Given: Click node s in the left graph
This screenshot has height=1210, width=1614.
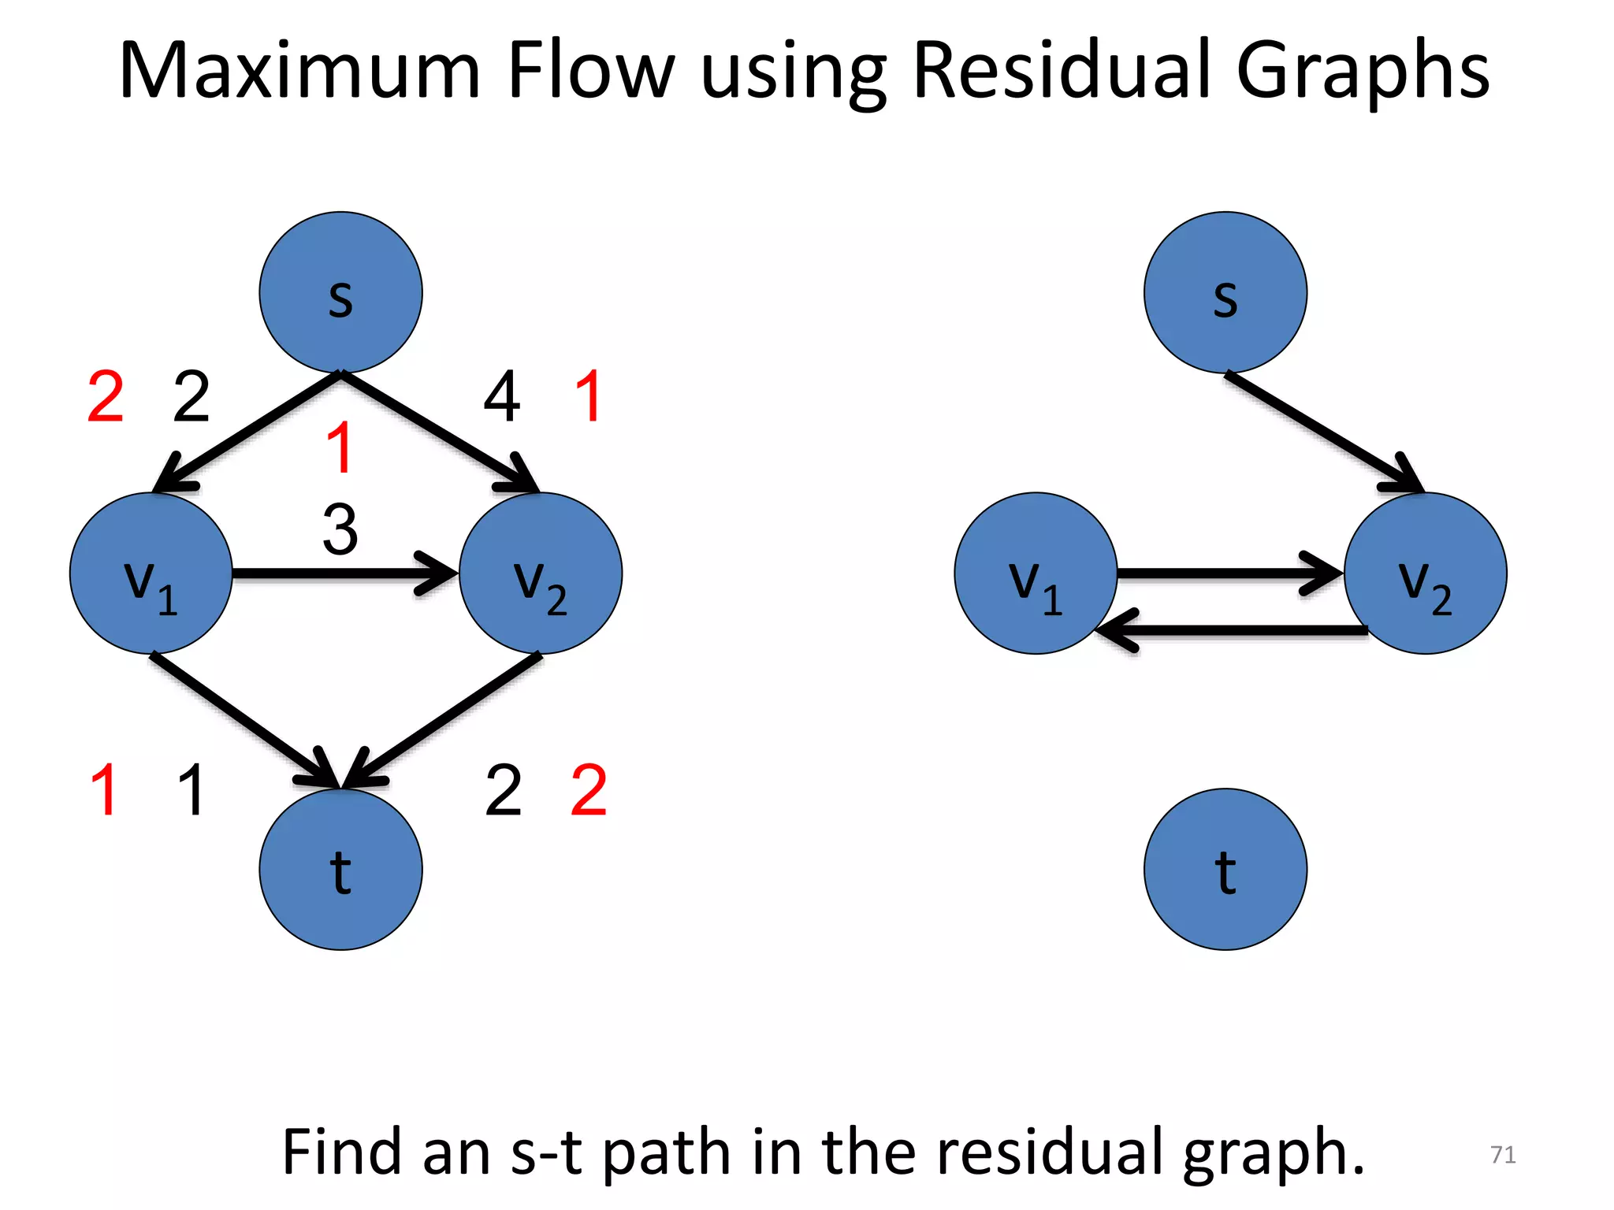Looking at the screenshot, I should click(340, 292).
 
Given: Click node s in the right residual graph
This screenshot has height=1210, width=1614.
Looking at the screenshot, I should click(1225, 292).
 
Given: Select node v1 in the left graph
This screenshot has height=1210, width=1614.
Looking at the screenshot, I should click(151, 573).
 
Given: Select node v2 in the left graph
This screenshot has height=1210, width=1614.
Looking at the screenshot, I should click(541, 573).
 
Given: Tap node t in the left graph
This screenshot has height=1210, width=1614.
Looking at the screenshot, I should click(340, 869).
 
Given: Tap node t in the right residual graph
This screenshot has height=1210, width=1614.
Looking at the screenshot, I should click(1225, 869).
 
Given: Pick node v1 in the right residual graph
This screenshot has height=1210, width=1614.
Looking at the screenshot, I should click(1036, 573).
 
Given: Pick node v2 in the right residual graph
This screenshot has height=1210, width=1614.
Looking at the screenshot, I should click(1425, 573).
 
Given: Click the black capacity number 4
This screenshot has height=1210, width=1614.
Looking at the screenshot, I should click(502, 397).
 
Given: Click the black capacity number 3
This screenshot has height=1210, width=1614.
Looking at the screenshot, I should click(340, 529).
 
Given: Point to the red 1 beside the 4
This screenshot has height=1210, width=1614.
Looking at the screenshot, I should click(589, 397).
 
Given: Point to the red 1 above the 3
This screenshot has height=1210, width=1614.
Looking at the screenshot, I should click(340, 447).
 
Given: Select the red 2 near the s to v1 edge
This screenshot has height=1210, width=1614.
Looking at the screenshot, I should click(106, 397).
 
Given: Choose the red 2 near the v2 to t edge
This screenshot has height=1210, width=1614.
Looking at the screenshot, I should click(589, 790).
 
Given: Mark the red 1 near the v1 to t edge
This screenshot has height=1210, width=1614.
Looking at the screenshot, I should click(104, 790).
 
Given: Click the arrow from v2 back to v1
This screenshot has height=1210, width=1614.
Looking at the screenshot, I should click(1229, 630).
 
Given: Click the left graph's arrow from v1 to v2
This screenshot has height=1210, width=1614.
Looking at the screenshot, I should click(339, 573).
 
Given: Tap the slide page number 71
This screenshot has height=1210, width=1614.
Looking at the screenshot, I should click(1503, 1154).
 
